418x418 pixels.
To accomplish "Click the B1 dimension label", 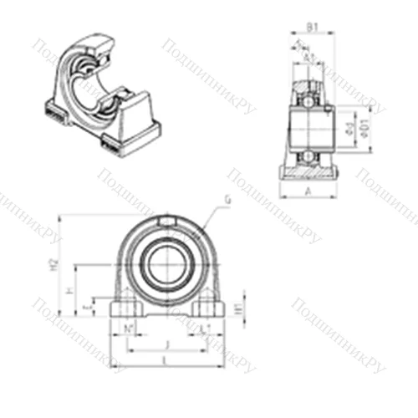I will pos(311,27).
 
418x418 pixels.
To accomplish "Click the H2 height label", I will pos(54,265).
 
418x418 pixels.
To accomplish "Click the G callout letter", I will pos(227,200).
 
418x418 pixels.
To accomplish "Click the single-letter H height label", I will pos(71,291).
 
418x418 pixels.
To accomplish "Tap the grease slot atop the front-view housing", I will pos(166,221).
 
